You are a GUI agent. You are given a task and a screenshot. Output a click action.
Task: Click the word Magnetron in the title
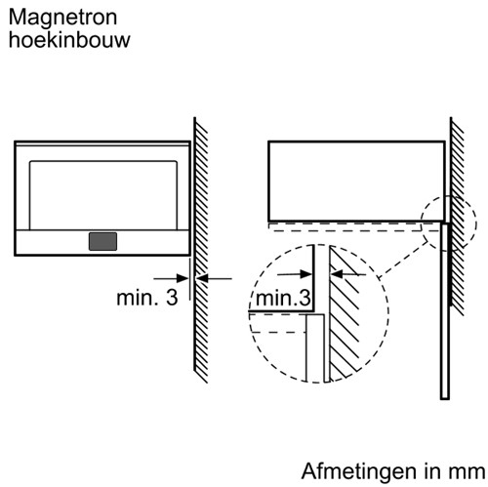(x=62, y=18)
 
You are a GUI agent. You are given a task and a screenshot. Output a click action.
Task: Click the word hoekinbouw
(x=69, y=40)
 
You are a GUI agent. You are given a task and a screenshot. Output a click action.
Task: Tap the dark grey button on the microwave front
(x=102, y=241)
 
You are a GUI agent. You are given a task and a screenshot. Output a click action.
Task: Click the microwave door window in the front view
(x=103, y=195)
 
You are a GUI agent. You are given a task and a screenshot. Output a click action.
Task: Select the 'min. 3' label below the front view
(x=147, y=298)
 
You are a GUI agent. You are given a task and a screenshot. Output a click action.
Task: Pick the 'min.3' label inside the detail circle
(x=283, y=298)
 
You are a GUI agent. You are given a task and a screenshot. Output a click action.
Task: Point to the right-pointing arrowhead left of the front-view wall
(x=183, y=278)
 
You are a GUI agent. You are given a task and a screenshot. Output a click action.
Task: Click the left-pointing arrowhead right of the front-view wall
(x=202, y=278)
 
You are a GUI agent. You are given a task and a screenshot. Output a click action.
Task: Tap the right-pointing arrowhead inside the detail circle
(x=306, y=274)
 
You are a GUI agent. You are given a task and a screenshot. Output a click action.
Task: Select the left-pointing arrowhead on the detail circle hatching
(x=337, y=274)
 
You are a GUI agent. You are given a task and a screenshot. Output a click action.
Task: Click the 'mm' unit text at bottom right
(x=469, y=472)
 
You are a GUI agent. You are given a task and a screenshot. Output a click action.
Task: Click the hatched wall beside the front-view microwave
(x=201, y=250)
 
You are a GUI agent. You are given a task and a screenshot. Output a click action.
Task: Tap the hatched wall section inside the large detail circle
(x=345, y=312)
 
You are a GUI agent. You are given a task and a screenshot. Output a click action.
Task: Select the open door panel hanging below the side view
(x=445, y=310)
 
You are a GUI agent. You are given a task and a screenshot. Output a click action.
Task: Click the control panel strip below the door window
(x=102, y=242)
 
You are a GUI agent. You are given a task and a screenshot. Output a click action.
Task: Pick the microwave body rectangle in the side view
(x=356, y=182)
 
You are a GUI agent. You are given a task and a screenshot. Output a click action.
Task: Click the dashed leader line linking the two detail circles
(x=404, y=260)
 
